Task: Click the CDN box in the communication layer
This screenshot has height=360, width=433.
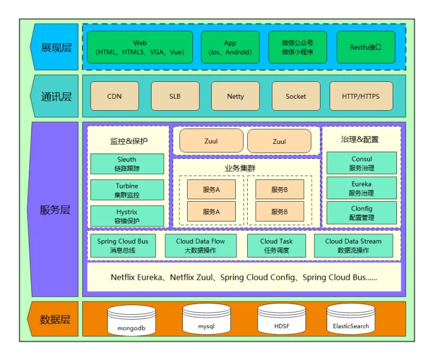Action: (115, 96)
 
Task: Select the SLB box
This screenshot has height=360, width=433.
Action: (175, 96)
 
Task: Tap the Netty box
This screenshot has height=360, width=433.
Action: (235, 96)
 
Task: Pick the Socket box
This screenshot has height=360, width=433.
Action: (296, 96)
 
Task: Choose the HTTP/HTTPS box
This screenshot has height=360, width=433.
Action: (361, 96)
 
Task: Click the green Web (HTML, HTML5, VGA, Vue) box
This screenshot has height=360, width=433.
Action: (140, 48)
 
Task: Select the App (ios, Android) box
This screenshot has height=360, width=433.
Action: (230, 48)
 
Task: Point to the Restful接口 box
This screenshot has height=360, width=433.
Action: (366, 48)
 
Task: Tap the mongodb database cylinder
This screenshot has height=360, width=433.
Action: (132, 320)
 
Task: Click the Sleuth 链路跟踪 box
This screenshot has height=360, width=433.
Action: (127, 164)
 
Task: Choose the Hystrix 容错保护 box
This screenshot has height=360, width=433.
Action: (127, 216)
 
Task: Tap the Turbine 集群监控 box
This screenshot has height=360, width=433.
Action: (127, 190)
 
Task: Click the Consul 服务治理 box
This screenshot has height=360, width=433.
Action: (361, 163)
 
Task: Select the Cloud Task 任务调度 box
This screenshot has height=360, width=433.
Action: (277, 246)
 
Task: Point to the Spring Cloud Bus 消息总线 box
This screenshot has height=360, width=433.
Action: (123, 246)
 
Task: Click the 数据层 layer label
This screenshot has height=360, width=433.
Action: (55, 319)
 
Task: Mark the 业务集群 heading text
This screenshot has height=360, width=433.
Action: (240, 168)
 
